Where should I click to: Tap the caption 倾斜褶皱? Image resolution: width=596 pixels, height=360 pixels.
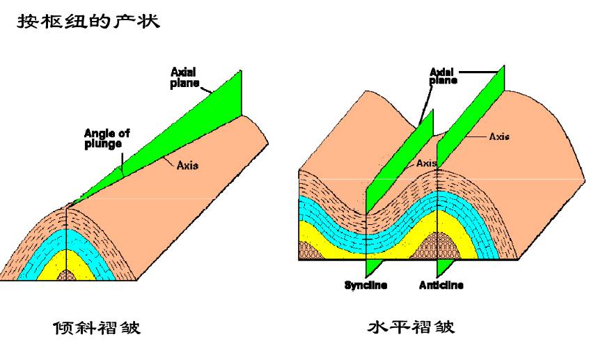97,327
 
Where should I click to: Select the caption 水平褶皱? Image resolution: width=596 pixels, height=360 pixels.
411,327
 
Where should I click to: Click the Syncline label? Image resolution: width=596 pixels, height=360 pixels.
366,285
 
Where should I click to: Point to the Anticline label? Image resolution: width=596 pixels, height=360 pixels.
441,285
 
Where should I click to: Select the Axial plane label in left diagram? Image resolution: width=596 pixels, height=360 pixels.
185,76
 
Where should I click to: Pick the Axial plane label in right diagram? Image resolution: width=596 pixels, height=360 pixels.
442,75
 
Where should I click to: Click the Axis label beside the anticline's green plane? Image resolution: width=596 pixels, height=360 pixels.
499,136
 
